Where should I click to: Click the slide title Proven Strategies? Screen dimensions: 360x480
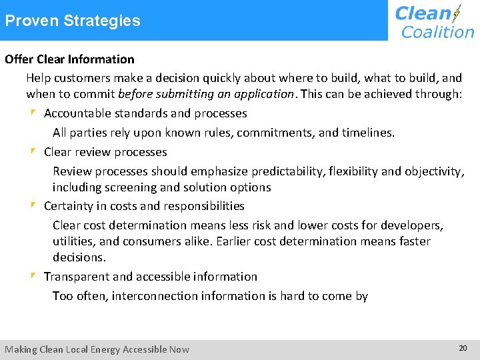73,21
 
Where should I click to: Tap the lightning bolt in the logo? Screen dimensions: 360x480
457,13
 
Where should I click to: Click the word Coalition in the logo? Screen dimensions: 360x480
437,31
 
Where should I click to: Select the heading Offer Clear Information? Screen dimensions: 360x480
69,59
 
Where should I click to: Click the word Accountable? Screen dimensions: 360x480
76,113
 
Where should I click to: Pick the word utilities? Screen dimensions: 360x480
75,241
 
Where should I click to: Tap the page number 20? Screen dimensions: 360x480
463,348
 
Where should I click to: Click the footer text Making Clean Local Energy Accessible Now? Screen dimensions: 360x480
97,349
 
